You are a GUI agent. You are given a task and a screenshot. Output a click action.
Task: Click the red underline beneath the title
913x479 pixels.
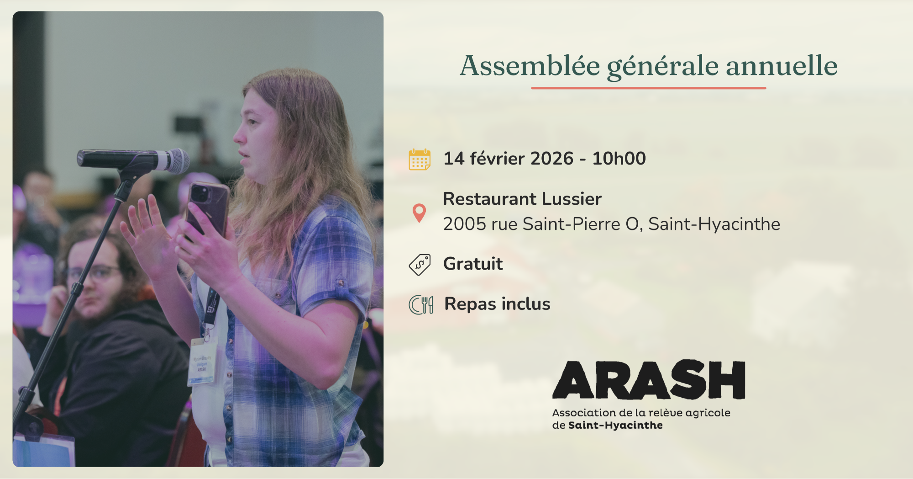coord(648,88)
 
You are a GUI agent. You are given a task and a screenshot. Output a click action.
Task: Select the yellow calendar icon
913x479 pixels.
coord(419,160)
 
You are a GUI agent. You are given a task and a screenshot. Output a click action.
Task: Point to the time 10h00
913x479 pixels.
coord(619,159)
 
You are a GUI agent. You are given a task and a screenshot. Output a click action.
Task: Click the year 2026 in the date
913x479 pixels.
coord(551,159)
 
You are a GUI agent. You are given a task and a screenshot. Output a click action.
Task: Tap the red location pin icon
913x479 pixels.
coord(419,213)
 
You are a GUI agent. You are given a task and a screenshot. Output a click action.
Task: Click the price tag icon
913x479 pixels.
coord(420,265)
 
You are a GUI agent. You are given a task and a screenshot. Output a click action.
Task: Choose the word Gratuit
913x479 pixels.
coord(473,264)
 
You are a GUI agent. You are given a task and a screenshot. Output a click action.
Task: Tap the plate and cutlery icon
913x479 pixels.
coord(420,305)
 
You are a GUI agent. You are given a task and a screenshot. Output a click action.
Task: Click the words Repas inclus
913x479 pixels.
coord(497,304)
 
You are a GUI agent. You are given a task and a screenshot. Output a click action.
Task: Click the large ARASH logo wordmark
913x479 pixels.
coord(648,380)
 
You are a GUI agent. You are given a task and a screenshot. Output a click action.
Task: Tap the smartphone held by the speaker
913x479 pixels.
coord(208,208)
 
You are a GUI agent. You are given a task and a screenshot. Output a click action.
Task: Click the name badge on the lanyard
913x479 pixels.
coord(202,361)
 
